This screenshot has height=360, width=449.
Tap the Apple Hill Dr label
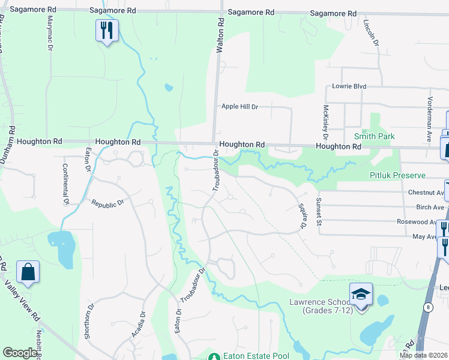coord(240,106)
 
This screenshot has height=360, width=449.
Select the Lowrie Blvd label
coord(349,86)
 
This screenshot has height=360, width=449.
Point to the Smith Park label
coord(375,136)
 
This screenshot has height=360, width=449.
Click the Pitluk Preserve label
coord(397,175)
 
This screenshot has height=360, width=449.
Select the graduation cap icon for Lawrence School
coord(361,295)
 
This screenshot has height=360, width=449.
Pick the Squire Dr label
coord(303,215)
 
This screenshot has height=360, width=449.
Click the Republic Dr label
coord(107,203)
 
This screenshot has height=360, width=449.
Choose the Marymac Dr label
coord(50,32)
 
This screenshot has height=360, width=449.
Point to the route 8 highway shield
coord(426,307)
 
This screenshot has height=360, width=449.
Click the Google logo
coord(20,353)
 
